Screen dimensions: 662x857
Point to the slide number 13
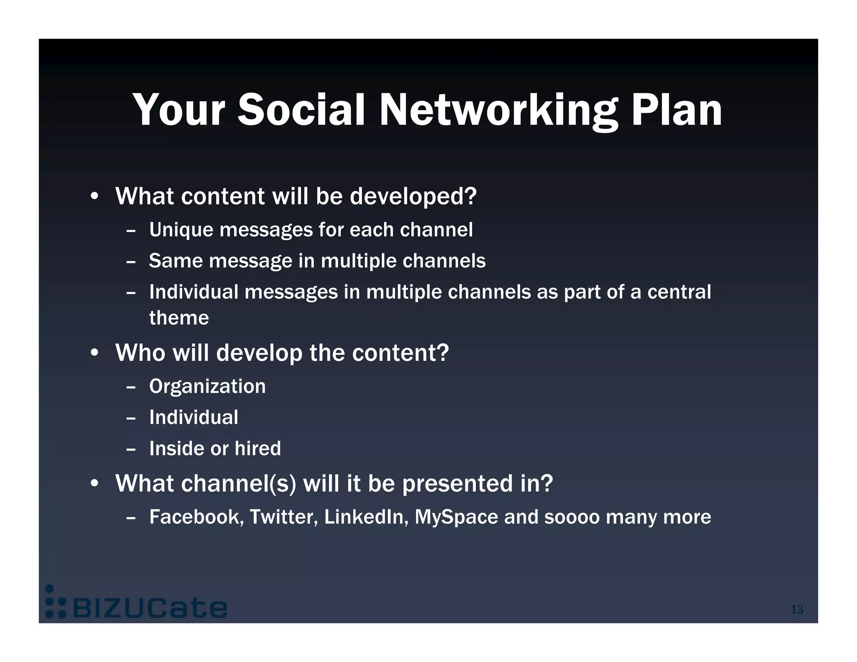(x=797, y=609)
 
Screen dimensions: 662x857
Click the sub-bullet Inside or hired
(x=215, y=449)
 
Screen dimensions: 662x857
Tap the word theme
(x=179, y=318)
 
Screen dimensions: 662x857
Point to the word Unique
(x=181, y=230)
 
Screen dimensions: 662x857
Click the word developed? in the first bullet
(x=413, y=196)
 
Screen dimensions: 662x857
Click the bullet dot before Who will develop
(x=95, y=353)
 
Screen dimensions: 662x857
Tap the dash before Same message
(x=131, y=262)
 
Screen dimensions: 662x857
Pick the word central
(x=679, y=292)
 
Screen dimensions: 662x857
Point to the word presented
(x=457, y=484)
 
